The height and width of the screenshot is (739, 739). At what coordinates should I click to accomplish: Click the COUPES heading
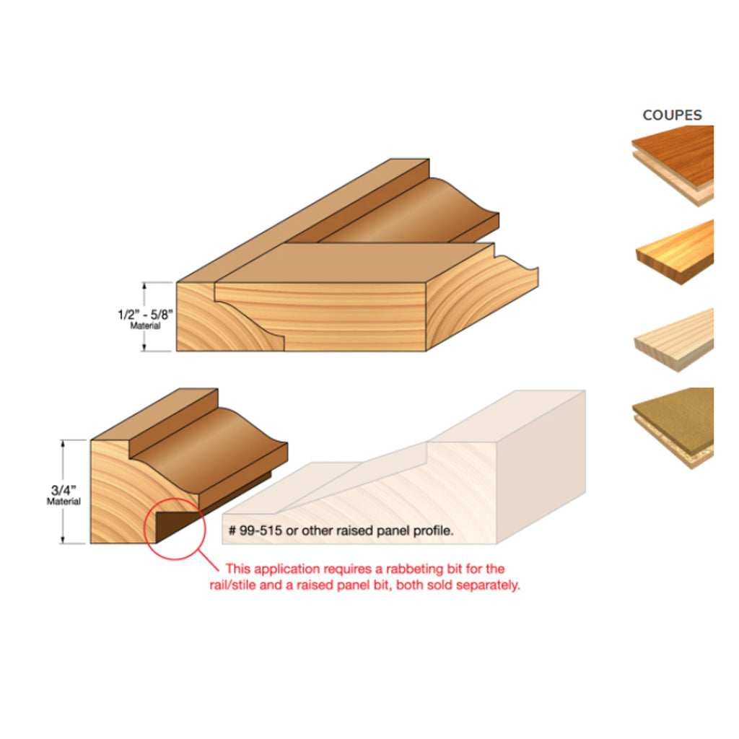tap(672, 115)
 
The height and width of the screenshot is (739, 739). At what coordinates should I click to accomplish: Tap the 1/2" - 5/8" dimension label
tap(145, 315)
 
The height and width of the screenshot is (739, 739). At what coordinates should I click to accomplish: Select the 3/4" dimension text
tap(64, 490)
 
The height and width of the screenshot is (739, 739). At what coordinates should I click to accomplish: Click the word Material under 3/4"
tap(64, 502)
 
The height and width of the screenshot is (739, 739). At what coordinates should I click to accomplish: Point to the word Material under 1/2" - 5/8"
tap(145, 325)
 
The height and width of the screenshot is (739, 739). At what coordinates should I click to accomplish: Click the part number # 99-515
tap(255, 530)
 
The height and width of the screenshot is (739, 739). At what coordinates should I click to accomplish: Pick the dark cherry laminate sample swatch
tap(673, 166)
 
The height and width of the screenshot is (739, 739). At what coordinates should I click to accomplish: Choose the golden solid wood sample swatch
tap(675, 252)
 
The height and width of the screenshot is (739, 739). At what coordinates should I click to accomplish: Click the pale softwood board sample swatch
tap(675, 340)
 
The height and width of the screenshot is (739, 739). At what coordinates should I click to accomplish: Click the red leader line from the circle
tap(208, 560)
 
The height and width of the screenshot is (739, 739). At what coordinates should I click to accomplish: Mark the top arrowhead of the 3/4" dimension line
tap(63, 443)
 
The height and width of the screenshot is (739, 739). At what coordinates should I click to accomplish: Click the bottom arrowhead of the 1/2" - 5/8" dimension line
tap(144, 347)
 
